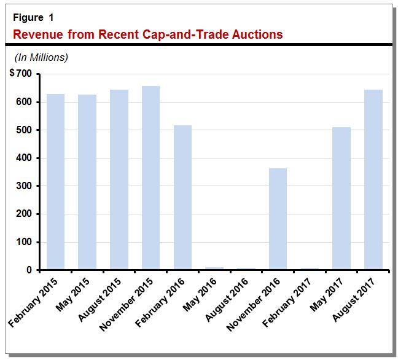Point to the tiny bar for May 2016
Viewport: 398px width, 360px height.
point(214,268)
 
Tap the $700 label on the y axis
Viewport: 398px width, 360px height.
point(21,74)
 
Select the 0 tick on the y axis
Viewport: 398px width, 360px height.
point(29,270)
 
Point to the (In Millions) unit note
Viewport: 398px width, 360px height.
point(41,57)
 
